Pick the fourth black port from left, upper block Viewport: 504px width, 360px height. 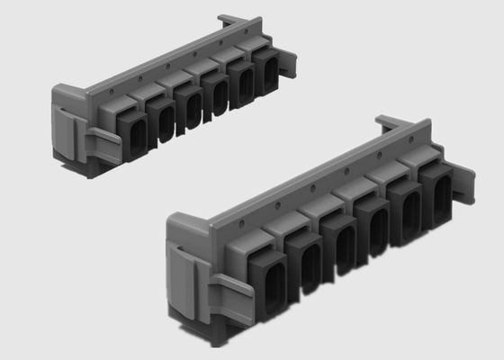217,95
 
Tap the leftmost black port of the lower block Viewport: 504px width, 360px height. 271,284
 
